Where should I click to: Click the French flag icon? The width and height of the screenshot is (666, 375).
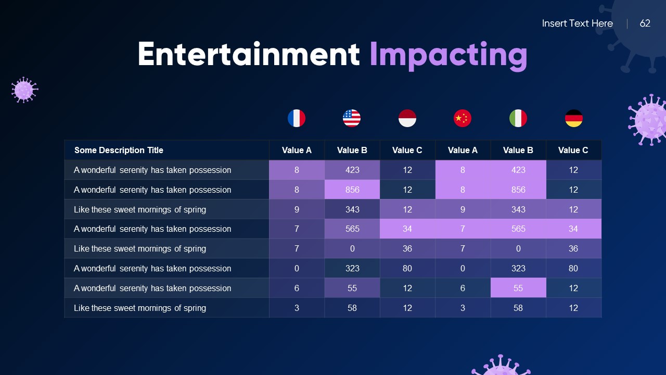tap(297, 118)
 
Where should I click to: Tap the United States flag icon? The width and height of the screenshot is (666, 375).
tap(352, 118)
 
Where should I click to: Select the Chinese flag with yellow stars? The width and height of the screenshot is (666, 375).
tap(462, 118)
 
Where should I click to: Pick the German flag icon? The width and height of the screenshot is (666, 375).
tap(573, 118)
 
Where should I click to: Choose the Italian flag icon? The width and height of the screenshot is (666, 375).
tap(518, 118)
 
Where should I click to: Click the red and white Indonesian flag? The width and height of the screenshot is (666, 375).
tap(407, 118)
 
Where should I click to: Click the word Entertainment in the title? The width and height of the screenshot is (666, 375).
tap(248, 54)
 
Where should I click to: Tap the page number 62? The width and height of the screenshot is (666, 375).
tap(645, 23)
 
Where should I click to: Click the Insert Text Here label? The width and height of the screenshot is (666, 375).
tap(577, 23)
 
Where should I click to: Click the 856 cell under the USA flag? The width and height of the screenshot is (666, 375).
tap(352, 190)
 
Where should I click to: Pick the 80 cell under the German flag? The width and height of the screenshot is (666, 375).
tap(573, 268)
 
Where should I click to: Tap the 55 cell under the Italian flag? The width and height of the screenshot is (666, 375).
tap(518, 288)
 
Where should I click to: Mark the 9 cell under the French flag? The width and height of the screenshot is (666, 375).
tap(297, 209)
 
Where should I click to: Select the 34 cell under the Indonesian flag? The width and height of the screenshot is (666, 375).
tap(407, 229)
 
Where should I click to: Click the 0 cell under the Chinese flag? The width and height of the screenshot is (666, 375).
tap(463, 268)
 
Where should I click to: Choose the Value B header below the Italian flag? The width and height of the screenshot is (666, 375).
tap(518, 150)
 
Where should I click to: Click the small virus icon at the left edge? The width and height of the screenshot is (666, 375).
tap(24, 90)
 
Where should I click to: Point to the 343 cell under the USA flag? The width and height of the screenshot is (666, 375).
tap(352, 209)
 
